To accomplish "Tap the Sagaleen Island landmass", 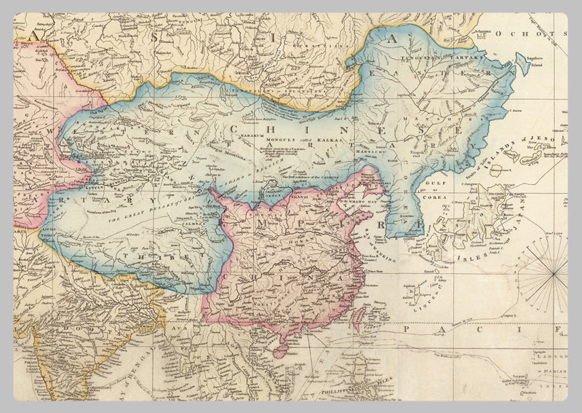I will pyautogui.click(x=522, y=64).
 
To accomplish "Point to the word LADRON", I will pyautogui.click(x=551, y=357).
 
